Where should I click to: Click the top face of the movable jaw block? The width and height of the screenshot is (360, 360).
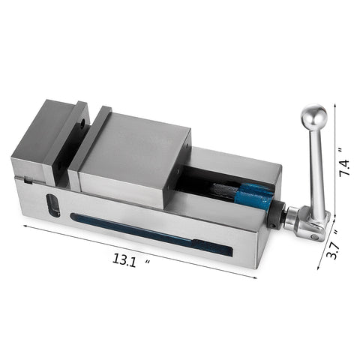point(135,146)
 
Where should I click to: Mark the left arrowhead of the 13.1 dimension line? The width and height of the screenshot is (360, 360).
point(27,224)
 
